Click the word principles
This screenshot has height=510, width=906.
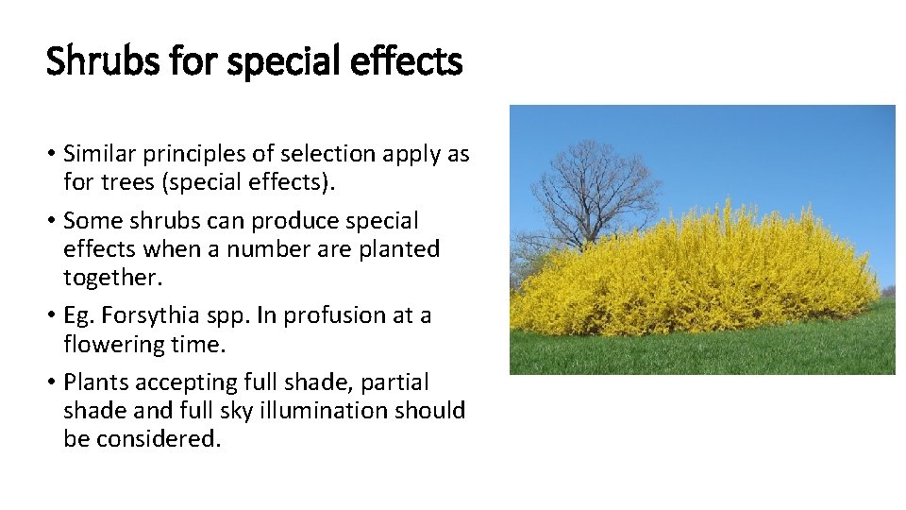(x=197, y=153)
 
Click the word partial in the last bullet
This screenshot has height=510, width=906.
(x=393, y=382)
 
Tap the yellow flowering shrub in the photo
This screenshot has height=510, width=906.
(x=698, y=274)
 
